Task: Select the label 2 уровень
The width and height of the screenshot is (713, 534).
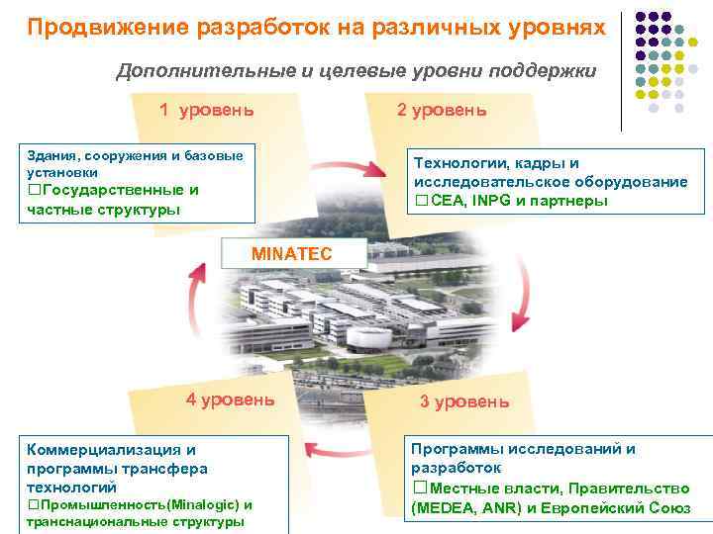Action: pos(442,109)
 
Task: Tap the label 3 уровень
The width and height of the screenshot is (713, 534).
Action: pos(464,401)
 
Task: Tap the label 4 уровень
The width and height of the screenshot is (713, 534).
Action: pos(231,400)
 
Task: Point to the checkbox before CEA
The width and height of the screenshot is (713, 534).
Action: pos(421,201)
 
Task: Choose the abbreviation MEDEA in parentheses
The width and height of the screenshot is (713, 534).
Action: pos(442,508)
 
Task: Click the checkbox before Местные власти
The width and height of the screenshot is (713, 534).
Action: pos(418,488)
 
